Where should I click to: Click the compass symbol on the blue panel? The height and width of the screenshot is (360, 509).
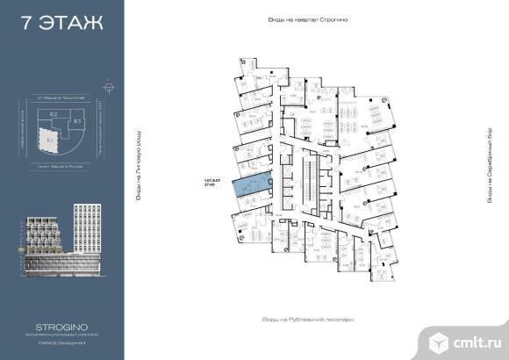(x=108, y=87)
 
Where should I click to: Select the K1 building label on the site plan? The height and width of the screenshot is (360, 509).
(x=51, y=140)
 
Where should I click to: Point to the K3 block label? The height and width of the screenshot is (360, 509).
(x=76, y=120)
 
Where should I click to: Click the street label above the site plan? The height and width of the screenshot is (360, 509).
(x=60, y=97)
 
